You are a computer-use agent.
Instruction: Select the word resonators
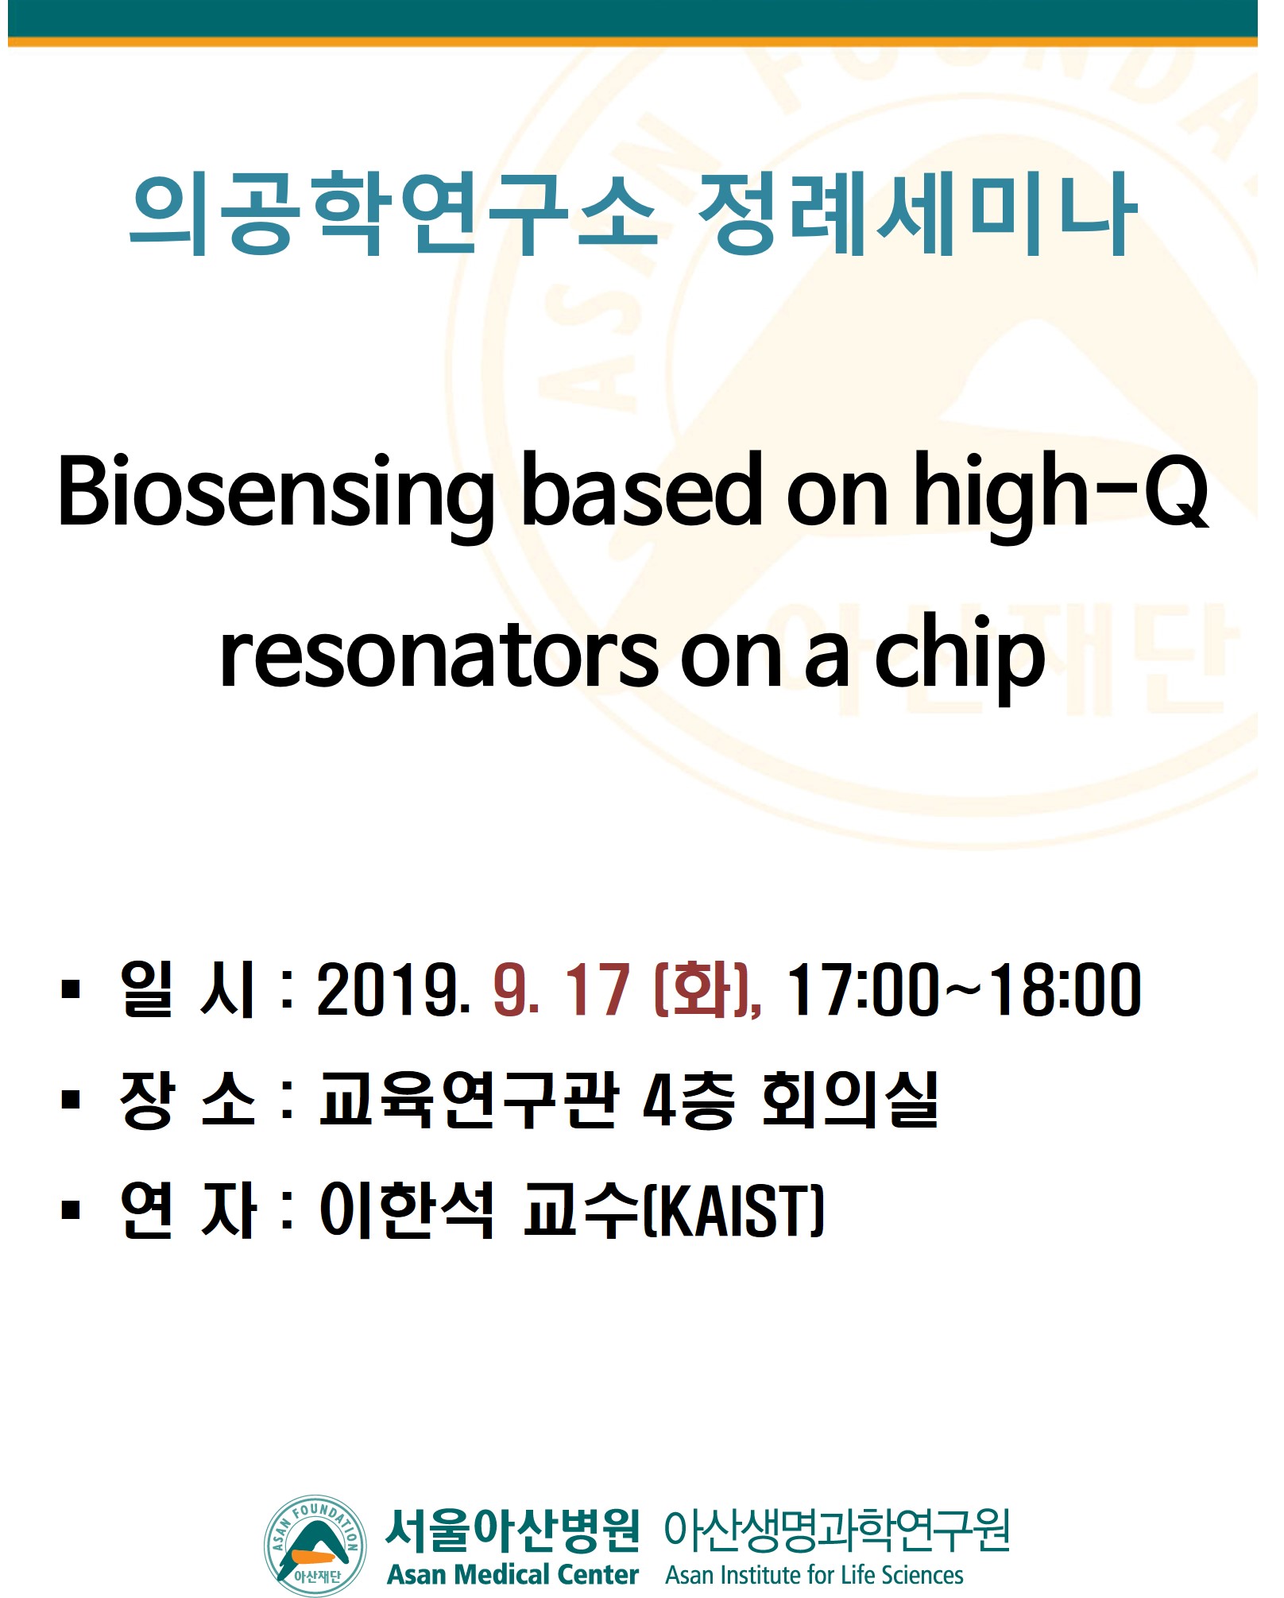click(x=439, y=659)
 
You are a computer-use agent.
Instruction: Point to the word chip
click(x=959, y=659)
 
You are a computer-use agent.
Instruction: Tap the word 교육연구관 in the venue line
click(x=469, y=1100)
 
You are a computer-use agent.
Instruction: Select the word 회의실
click(x=849, y=1100)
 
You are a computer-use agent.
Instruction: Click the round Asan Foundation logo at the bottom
click(x=315, y=1546)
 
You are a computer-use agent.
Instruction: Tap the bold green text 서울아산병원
click(x=512, y=1530)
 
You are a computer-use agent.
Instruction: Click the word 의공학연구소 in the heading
click(x=393, y=214)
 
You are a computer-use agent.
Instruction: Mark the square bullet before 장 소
click(x=71, y=1100)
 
